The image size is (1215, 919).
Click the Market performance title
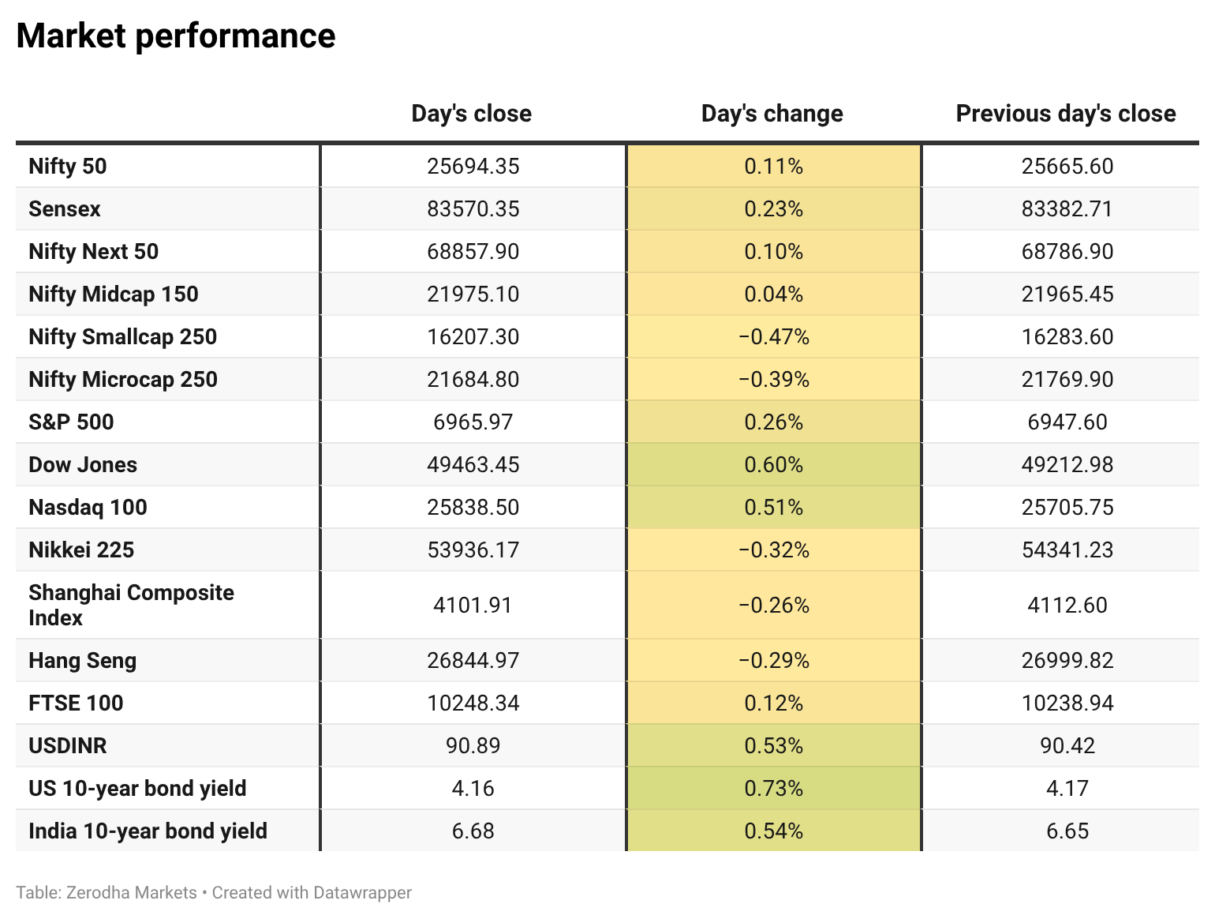tap(176, 36)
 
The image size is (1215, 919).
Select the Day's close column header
tap(471, 114)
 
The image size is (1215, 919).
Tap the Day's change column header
tap(772, 114)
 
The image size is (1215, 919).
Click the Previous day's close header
tap(1065, 114)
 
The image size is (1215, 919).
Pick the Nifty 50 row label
tap(68, 167)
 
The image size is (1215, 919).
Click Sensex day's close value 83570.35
tap(473, 209)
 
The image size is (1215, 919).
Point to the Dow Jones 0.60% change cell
tap(773, 465)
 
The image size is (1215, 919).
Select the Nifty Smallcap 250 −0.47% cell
tap(773, 337)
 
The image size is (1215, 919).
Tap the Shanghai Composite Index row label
tap(131, 605)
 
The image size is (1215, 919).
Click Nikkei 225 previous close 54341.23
tap(1067, 550)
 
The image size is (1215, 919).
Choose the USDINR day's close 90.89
tap(473, 746)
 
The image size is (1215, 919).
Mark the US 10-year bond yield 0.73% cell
tap(773, 789)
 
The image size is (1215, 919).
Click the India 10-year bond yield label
tap(148, 831)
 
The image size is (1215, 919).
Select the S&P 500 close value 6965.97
tap(473, 422)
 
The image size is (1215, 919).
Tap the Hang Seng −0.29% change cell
tap(773, 661)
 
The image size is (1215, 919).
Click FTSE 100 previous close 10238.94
tap(1067, 703)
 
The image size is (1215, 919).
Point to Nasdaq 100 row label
tap(88, 508)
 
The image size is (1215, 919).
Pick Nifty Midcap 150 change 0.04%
tap(773, 294)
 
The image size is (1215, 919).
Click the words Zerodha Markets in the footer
tap(131, 893)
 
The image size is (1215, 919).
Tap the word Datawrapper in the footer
tap(362, 893)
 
